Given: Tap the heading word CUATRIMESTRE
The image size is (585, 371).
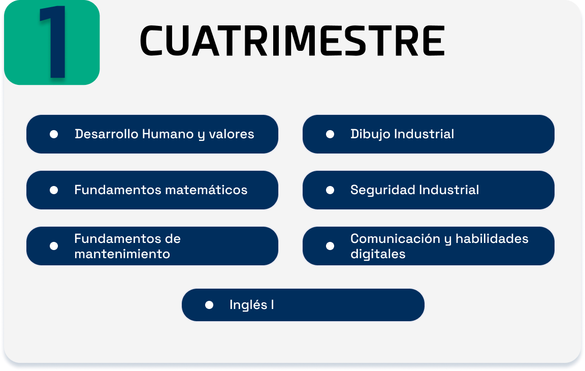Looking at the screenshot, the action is (292, 41).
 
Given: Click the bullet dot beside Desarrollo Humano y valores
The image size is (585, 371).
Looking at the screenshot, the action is (54, 134).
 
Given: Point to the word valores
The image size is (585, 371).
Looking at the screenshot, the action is (232, 134).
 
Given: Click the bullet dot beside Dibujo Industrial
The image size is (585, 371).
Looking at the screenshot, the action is (330, 134).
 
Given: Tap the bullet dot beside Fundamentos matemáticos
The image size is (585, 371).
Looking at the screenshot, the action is (54, 190).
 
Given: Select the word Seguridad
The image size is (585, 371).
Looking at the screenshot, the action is (382, 190).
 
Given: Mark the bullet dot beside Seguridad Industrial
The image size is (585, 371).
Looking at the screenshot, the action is (330, 190).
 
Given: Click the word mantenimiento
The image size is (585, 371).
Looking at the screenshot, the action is (122, 254).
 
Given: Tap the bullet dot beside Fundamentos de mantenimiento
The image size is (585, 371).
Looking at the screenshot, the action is (54, 246).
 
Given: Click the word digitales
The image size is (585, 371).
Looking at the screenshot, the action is (378, 254).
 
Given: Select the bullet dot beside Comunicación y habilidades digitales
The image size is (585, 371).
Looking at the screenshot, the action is (330, 246).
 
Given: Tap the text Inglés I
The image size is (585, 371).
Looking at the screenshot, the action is (252, 305).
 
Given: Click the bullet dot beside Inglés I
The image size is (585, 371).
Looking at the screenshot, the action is (209, 305).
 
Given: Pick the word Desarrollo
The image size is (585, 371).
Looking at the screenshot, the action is (107, 134).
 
